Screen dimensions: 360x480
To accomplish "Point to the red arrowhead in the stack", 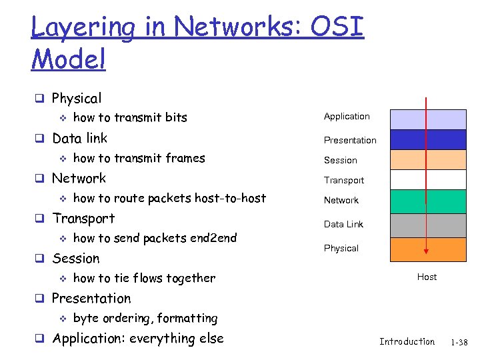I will click(x=426, y=253).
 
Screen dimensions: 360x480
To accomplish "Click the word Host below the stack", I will click(x=427, y=277).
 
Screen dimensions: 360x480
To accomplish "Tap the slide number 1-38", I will click(x=459, y=342).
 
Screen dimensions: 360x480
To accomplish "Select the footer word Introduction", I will click(x=407, y=341).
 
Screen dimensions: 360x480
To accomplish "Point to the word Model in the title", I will click(x=68, y=59).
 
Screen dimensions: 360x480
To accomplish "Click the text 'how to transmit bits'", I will click(x=130, y=118).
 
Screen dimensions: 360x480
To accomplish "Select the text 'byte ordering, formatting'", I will click(x=145, y=318).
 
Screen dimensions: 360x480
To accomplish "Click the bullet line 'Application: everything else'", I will click(x=137, y=339).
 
